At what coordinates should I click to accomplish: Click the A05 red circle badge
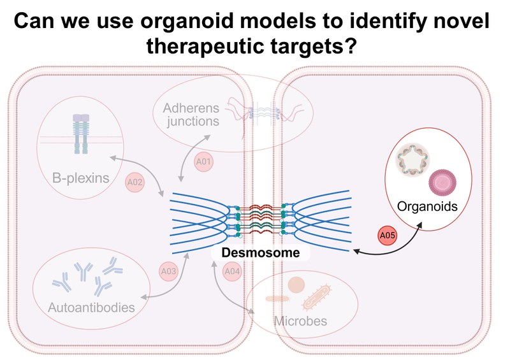tap(388, 236)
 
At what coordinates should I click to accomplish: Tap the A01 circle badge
tap(203, 162)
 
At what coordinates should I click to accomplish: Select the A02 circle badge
tap(135, 182)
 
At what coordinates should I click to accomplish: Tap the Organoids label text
tap(426, 207)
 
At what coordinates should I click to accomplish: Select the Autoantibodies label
tap(91, 308)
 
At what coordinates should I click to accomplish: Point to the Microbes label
tap(300, 320)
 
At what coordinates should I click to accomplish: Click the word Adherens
tap(190, 106)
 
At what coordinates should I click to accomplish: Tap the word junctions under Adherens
tap(190, 120)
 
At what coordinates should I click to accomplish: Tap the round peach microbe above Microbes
tap(296, 285)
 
